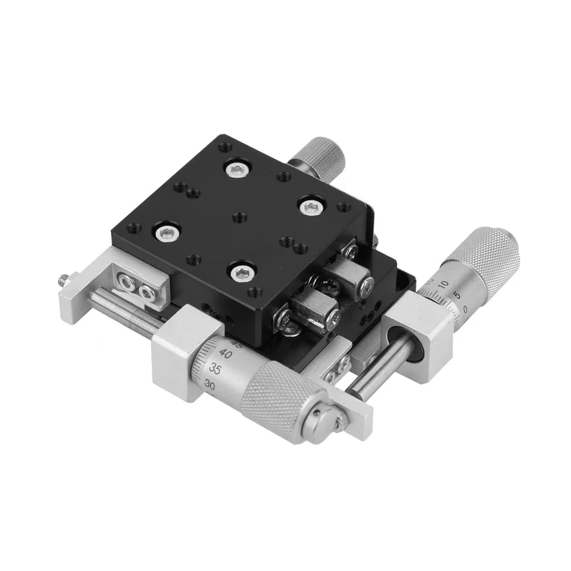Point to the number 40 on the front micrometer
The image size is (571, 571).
[x=224, y=354]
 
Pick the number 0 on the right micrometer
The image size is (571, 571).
[x=467, y=309]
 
